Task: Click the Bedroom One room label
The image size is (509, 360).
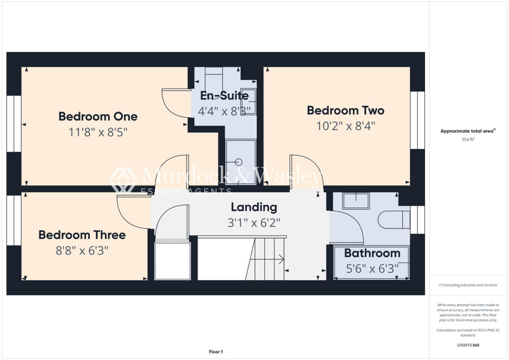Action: [98, 116]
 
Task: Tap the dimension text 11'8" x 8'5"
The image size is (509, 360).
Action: [102, 132]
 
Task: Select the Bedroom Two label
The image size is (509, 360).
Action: [345, 110]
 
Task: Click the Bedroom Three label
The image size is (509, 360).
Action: [82, 235]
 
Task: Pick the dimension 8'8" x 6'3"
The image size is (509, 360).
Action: [82, 250]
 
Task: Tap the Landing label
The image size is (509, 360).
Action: [254, 207]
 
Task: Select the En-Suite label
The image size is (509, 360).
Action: [224, 96]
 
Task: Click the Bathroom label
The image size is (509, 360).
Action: [372, 253]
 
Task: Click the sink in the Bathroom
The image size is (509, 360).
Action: [356, 200]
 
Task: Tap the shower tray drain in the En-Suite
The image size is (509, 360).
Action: [238, 162]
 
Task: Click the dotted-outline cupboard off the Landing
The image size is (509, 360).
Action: [173, 261]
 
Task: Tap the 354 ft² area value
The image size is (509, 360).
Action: [469, 140]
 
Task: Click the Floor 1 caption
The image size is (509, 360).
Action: [216, 352]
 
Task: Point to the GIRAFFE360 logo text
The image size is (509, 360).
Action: [469, 345]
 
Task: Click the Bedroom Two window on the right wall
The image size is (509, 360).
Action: [418, 120]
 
